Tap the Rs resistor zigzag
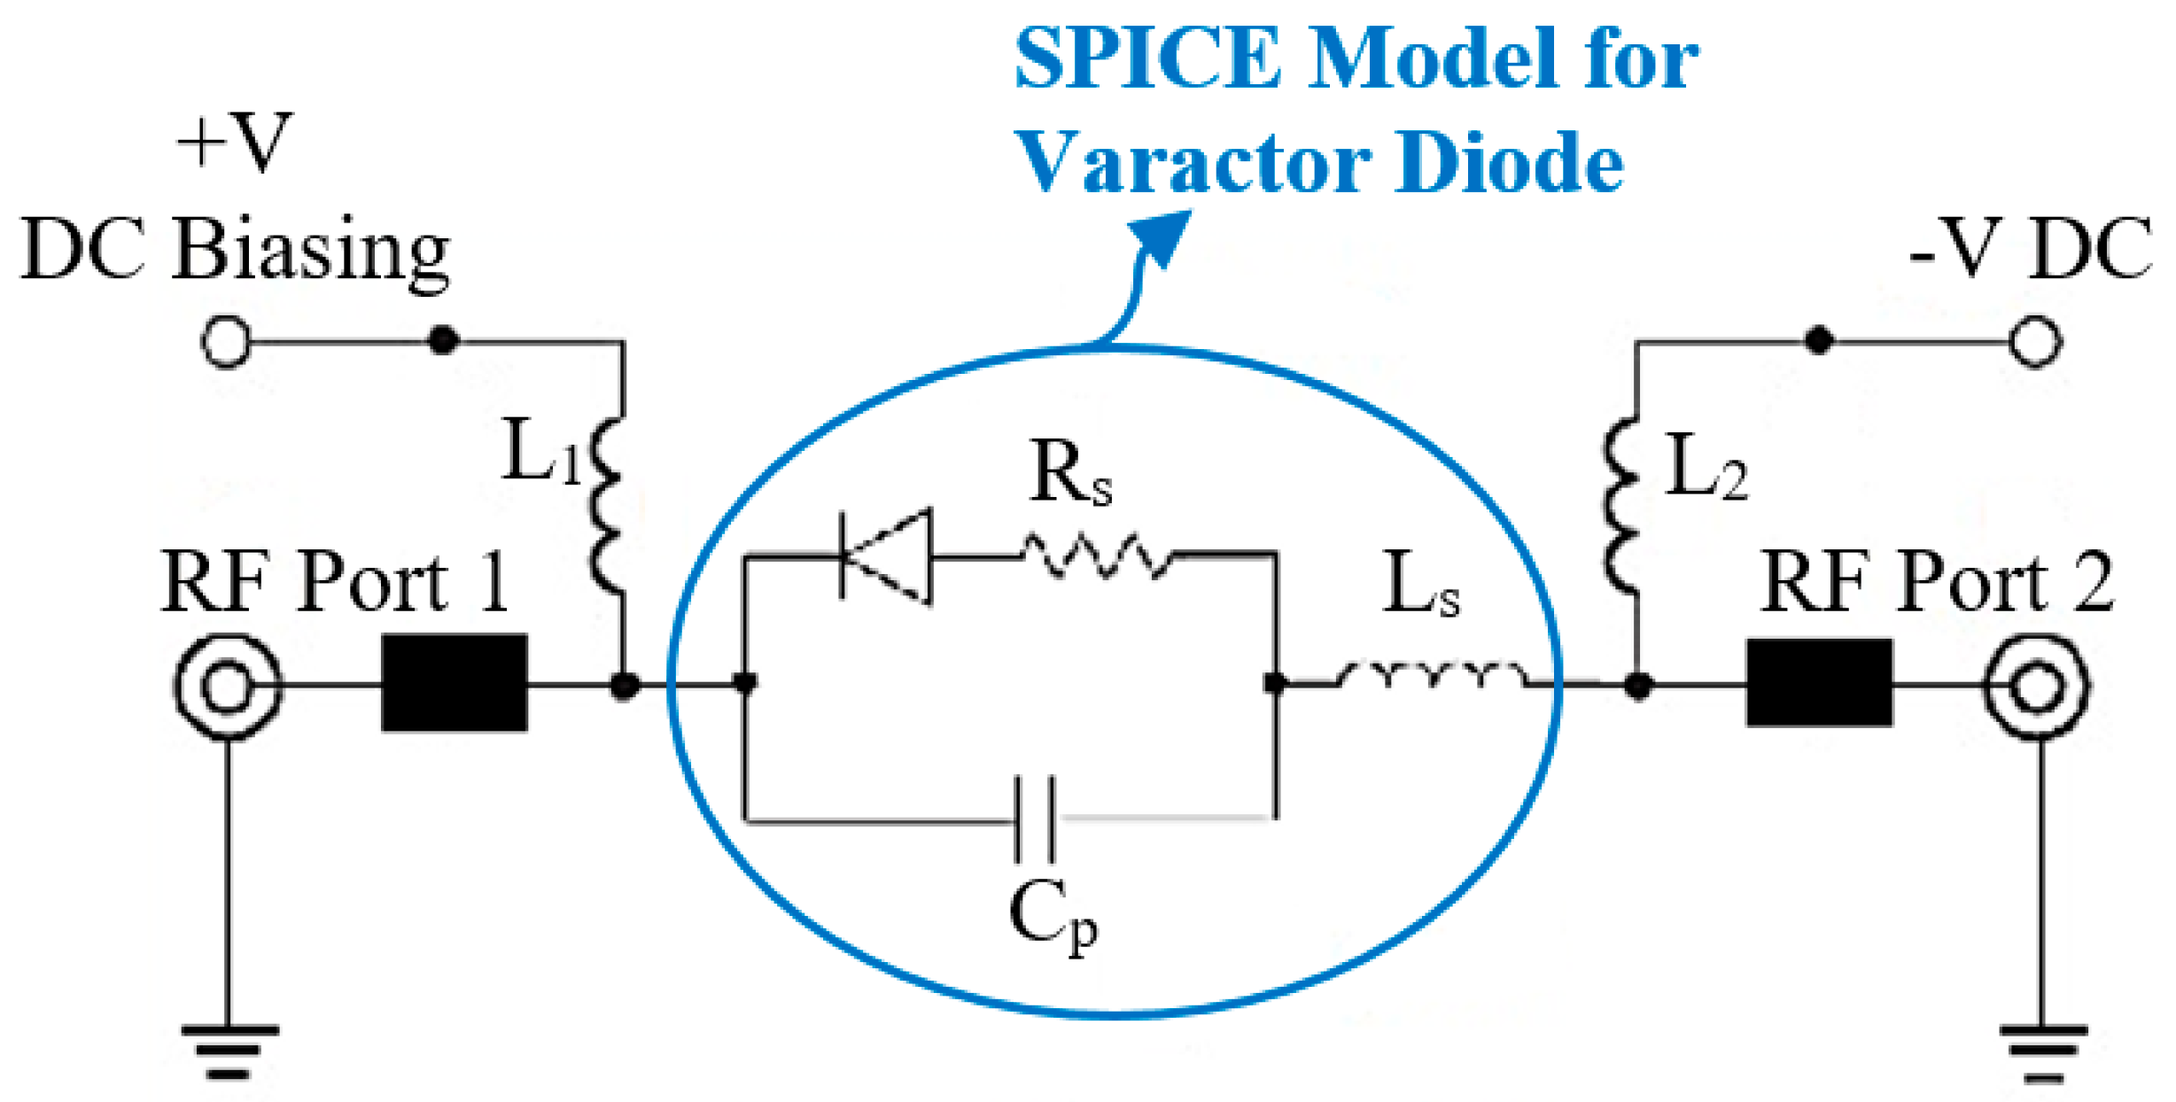(x=1097, y=555)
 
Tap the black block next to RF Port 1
(x=455, y=682)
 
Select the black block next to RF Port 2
(x=1820, y=682)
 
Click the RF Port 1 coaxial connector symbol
(x=228, y=686)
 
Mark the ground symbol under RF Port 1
(x=229, y=1051)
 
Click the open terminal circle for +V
(x=227, y=341)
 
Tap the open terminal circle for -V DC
(x=2036, y=341)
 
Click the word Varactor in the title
(x=1193, y=162)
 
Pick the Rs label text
(x=1070, y=474)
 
